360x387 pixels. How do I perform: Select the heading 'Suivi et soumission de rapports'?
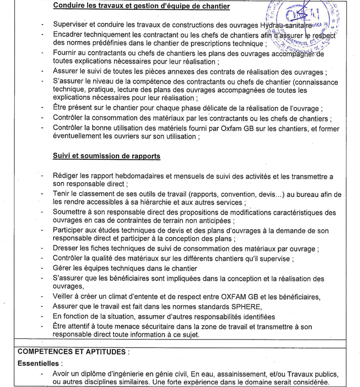[106, 156]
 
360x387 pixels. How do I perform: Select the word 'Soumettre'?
[70, 212]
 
